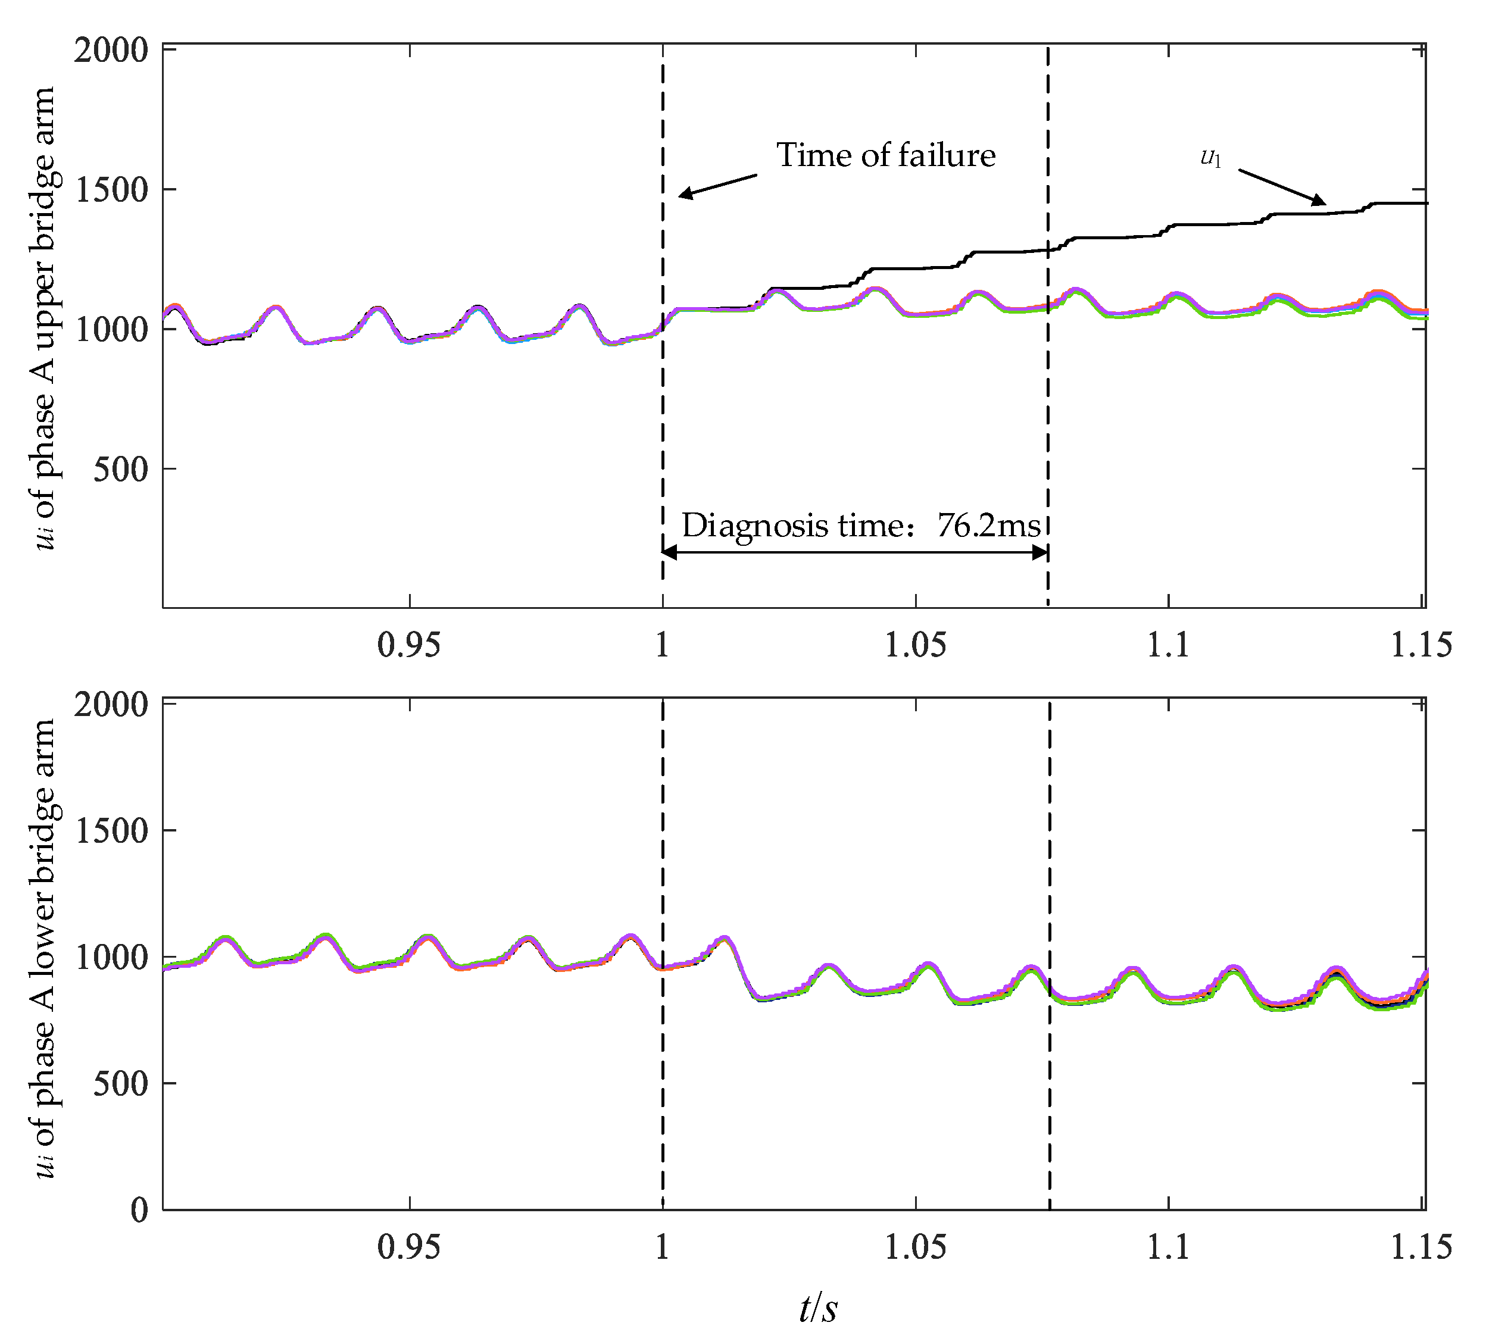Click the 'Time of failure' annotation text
[x=885, y=156]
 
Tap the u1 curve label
[x=1210, y=157]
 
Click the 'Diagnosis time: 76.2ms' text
[x=860, y=526]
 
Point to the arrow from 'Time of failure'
[x=717, y=185]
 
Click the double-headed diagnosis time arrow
[x=854, y=553]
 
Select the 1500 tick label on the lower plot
[x=111, y=830]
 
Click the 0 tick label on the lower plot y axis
[x=139, y=1209]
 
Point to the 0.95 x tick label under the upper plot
[x=409, y=645]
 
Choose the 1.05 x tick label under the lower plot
[x=914, y=1247]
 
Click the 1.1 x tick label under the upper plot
[x=1167, y=645]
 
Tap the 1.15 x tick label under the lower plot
[x=1421, y=1247]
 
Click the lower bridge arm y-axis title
[x=45, y=948]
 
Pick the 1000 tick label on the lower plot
[x=111, y=956]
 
